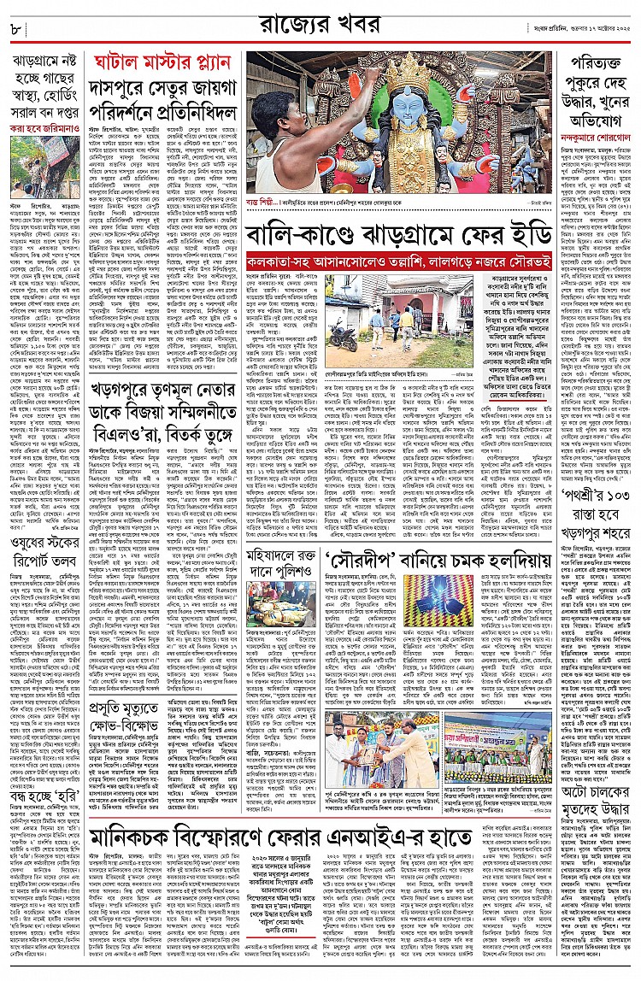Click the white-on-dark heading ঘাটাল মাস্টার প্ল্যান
tap(163, 63)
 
